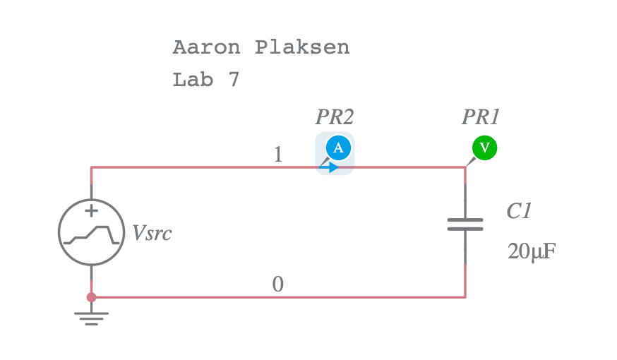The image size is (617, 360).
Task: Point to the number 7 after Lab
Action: point(234,80)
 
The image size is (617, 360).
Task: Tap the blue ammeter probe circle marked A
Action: point(338,147)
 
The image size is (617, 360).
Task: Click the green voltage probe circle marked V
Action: point(484,147)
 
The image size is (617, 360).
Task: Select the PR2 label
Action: point(334,116)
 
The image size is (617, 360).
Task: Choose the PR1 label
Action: point(481,116)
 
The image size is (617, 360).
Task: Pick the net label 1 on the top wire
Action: point(277,155)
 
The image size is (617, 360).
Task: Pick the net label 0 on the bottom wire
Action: point(277,284)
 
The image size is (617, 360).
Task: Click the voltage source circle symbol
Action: point(91,232)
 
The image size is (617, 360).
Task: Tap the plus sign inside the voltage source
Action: point(91,210)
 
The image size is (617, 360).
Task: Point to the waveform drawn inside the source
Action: point(91,234)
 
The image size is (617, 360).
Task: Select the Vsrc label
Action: point(152,234)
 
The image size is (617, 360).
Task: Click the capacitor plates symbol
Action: point(465,224)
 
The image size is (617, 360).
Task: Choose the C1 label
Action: point(519,211)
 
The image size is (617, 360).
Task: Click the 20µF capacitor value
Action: point(532,251)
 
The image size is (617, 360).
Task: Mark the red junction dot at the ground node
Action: point(91,297)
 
